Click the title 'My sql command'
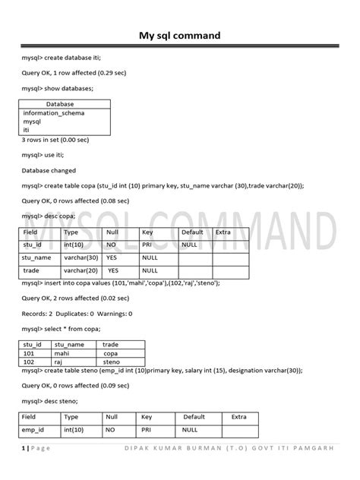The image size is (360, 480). point(179,35)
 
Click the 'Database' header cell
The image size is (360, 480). point(60,104)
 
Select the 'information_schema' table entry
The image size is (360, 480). point(54,113)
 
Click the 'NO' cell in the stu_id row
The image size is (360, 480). point(112,245)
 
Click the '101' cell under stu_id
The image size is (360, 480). point(30,353)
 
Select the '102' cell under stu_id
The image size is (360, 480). point(30,362)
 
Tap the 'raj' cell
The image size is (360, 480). point(60,362)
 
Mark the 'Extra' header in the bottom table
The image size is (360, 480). point(238,416)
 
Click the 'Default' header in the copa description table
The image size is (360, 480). point(192,232)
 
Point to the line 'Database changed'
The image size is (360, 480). point(49,171)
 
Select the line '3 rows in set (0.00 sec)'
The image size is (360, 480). point(55,140)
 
